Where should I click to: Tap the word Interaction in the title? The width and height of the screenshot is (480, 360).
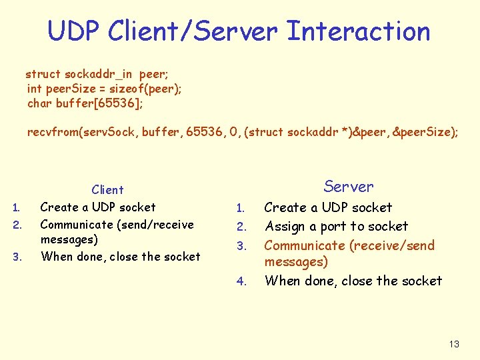(358, 31)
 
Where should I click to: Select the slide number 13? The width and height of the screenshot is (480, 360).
(454, 344)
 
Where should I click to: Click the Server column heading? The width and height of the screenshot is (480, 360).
(349, 187)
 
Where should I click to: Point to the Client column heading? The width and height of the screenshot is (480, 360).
(108, 190)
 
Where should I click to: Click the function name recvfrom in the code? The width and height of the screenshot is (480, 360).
(51, 132)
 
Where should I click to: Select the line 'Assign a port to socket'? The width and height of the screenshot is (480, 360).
(336, 227)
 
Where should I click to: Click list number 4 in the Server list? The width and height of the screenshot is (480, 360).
(242, 282)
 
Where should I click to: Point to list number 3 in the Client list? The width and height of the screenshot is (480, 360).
(18, 257)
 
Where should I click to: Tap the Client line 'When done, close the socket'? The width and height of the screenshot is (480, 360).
(120, 257)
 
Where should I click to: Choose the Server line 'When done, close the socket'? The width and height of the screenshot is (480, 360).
(353, 281)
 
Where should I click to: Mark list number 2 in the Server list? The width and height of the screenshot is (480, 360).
(242, 228)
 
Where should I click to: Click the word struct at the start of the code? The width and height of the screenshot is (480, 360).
(43, 74)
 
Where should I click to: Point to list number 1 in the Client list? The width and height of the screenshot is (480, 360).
(18, 208)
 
